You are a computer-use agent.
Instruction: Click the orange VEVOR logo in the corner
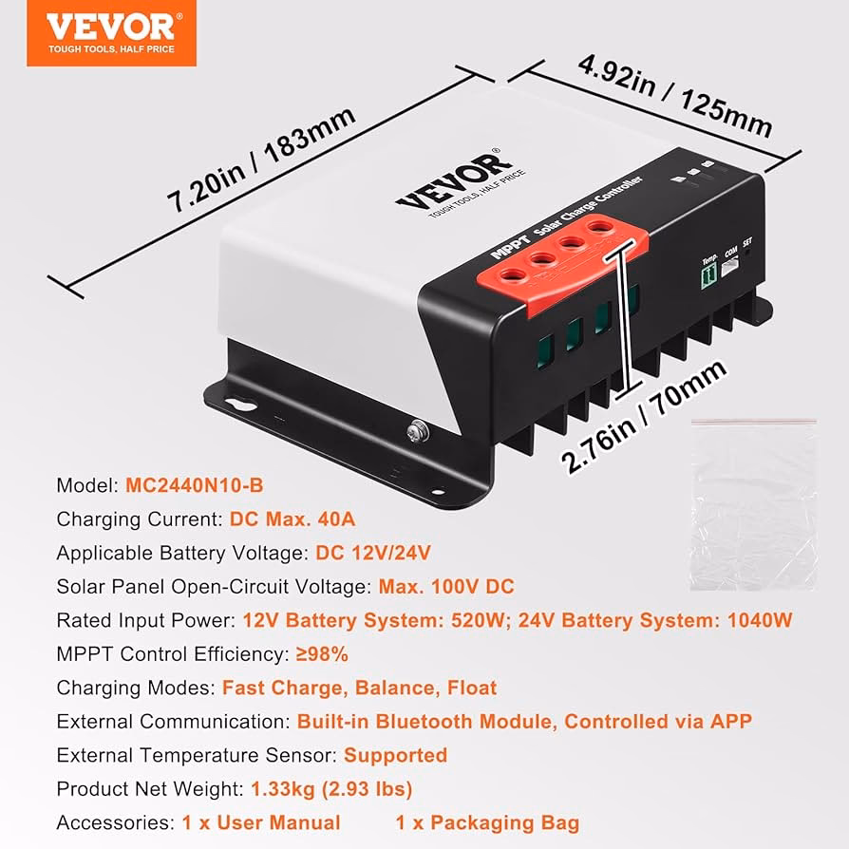click(111, 33)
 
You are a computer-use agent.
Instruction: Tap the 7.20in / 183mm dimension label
click(261, 159)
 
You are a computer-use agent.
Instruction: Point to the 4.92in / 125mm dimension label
click(675, 96)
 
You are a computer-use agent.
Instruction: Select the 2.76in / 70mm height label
click(644, 416)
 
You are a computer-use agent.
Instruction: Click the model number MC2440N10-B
click(195, 485)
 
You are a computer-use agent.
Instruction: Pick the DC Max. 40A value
click(292, 519)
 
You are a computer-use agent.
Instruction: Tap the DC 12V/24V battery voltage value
click(373, 553)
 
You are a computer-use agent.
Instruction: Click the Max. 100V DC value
click(446, 586)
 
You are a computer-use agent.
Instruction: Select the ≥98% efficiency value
click(322, 654)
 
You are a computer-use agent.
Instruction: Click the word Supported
click(395, 755)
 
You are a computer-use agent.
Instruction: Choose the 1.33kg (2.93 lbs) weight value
click(331, 789)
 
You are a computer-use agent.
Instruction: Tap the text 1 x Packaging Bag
click(487, 823)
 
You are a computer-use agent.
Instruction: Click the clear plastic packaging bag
click(754, 504)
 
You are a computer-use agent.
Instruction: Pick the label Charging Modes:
click(137, 689)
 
